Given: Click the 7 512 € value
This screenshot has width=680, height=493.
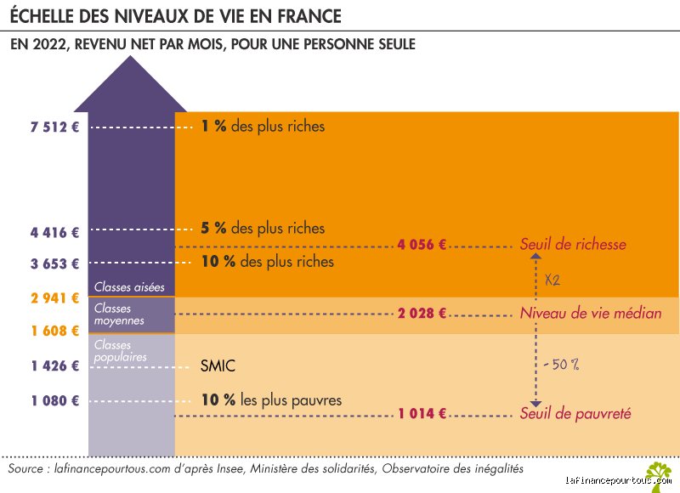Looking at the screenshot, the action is (x=55, y=127).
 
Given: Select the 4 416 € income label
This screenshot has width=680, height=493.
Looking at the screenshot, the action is (x=55, y=232).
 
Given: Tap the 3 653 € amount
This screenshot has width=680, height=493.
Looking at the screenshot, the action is (x=55, y=263).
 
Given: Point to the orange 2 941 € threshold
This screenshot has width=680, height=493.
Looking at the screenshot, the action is (x=55, y=297).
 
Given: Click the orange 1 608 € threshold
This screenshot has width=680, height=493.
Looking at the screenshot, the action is (x=55, y=331).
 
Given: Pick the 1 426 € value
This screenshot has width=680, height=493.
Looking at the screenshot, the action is (x=55, y=366).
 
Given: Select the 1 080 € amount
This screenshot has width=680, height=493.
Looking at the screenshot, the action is (x=55, y=400).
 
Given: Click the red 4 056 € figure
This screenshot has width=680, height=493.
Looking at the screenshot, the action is (x=422, y=245).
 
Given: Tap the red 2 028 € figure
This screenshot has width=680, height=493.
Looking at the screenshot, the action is (x=422, y=313).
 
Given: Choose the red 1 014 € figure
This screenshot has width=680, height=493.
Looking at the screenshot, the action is (x=422, y=413).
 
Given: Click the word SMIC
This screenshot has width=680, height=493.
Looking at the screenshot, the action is (x=218, y=366).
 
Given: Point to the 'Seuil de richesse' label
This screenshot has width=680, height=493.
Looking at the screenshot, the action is (x=573, y=244).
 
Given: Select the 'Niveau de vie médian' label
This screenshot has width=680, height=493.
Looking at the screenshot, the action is (x=591, y=313).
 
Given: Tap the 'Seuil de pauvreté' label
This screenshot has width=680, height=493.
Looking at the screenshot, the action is (x=575, y=413).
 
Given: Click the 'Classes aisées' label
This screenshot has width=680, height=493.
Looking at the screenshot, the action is (x=129, y=287).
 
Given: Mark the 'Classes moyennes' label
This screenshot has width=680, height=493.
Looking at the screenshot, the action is (x=119, y=314).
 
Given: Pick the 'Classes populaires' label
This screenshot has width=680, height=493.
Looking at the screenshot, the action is (x=121, y=351).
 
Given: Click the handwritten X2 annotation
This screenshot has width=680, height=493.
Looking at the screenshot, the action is (x=552, y=280).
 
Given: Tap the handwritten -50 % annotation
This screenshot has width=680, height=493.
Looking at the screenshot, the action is (x=562, y=365).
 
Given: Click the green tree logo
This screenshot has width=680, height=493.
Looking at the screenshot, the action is (x=658, y=476).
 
